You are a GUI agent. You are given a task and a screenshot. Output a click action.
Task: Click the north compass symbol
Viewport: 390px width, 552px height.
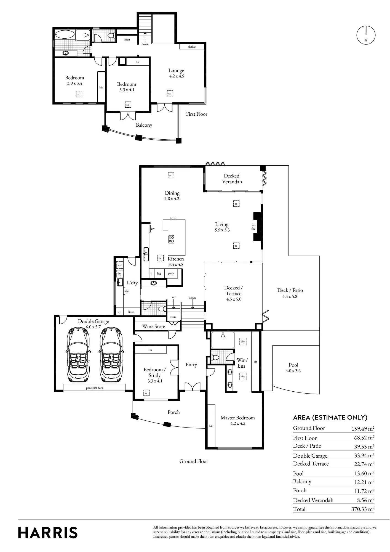pos(366,35)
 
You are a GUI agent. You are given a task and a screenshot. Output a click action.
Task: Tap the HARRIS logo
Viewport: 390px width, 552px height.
pos(48,533)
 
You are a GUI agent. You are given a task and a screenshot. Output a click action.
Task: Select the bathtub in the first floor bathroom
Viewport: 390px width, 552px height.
pos(65,35)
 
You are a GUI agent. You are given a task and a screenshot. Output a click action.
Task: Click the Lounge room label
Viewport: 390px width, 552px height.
pos(176,71)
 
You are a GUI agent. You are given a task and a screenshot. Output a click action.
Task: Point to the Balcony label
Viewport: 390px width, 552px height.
pos(144,125)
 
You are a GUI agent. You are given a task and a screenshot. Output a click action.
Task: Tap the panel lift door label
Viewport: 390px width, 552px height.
pos(95,388)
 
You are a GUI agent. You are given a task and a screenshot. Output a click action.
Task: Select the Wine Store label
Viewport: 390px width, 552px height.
pos(154,327)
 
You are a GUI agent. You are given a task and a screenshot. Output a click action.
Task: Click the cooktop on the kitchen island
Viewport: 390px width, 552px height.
pos(171,239)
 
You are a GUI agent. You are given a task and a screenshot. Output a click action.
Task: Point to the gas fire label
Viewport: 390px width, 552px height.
pos(253,227)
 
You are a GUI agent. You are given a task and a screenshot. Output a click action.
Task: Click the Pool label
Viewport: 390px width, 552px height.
pos(293,365)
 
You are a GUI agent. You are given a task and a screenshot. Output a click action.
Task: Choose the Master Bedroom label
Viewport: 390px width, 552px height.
pos(238,418)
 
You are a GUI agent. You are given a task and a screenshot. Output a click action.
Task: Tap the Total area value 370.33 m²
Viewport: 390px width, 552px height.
pos(363,509)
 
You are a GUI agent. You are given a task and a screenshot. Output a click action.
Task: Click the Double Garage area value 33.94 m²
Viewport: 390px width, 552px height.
pos(364,455)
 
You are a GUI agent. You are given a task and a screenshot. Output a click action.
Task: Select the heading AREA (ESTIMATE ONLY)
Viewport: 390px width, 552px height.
pos(330,418)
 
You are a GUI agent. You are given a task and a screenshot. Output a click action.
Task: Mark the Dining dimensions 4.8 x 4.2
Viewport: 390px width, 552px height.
pos(172,199)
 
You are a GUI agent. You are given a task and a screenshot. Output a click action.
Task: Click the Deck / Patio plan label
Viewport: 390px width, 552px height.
pos(290,290)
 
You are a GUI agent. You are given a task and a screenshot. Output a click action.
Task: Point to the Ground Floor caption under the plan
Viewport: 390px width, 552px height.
pos(194,461)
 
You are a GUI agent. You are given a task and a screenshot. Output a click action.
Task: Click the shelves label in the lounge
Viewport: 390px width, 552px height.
pos(192,47)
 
